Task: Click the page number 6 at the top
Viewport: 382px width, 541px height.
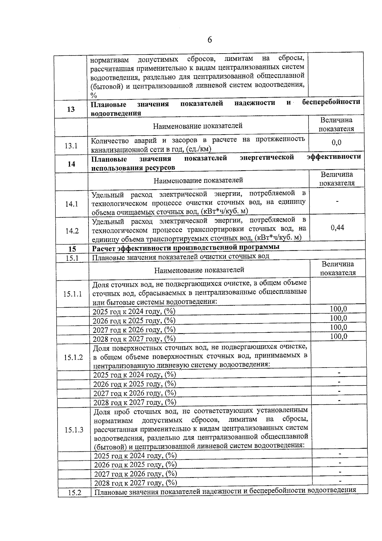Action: pos(209,40)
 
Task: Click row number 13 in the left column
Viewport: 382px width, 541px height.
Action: pos(71,109)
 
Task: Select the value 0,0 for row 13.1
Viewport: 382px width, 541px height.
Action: pos(336,142)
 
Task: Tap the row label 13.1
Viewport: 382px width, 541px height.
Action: pos(71,146)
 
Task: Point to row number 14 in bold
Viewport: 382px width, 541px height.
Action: pos(71,164)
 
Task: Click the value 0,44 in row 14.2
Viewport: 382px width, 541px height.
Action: pos(337,228)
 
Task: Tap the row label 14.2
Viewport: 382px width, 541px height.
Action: pos(72,231)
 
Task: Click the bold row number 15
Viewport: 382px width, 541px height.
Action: pos(72,249)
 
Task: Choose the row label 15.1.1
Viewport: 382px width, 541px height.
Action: pos(73,294)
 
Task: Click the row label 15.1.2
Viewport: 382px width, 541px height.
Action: pos(73,357)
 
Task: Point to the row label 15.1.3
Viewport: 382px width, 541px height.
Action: pos(74,430)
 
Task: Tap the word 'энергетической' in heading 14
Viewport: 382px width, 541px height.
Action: pos(267,158)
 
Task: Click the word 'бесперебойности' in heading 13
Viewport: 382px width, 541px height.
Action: pos(331,102)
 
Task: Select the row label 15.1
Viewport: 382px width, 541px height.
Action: pos(72,258)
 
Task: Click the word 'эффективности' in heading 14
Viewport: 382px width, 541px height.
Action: pos(334,157)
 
